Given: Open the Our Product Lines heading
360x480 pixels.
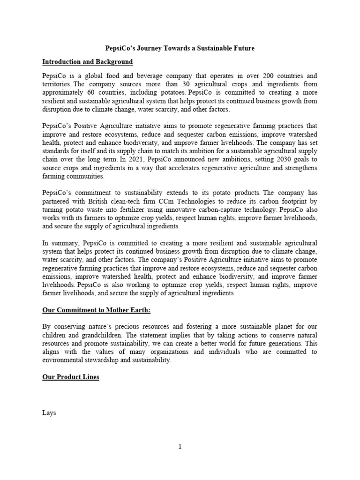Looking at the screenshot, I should click(71, 377).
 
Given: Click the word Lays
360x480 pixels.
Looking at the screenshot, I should click(49, 413).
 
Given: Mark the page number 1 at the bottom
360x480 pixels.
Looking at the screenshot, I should click(180, 447).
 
